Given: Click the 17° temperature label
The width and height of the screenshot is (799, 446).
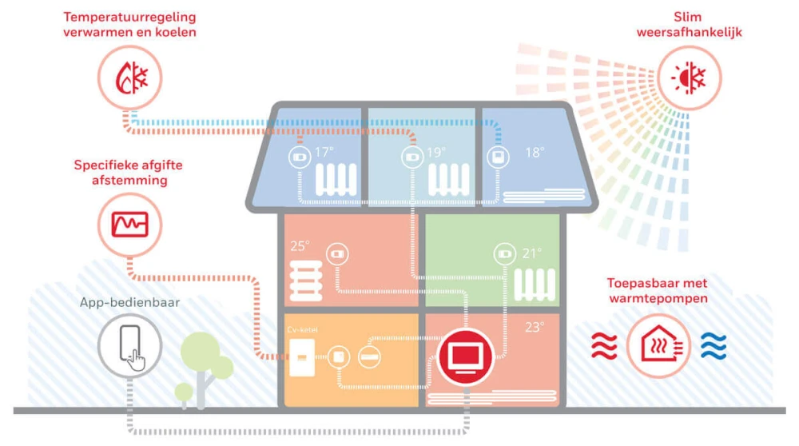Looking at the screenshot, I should point(323,152).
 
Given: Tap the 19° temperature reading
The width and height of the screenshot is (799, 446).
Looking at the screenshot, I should point(436,152).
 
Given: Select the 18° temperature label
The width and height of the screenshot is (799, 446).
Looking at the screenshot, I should point(534,152).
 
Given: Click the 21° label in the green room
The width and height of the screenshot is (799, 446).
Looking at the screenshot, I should point(531,253).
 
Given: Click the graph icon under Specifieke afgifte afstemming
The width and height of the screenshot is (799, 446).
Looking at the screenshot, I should point(129,225).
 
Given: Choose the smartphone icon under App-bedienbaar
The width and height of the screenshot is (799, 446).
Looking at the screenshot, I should point(130,346).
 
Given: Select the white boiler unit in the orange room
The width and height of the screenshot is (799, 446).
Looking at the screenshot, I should point(300,356).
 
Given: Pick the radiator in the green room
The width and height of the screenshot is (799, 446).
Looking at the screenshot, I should point(535,282).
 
